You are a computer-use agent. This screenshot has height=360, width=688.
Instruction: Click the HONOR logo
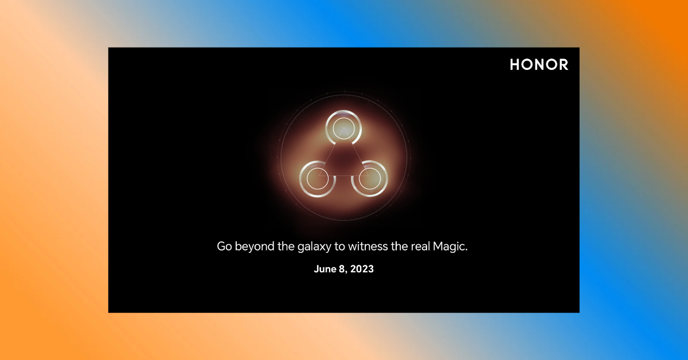click(539, 65)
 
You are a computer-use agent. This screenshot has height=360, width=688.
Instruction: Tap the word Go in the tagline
click(224, 246)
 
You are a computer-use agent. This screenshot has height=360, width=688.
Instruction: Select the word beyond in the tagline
click(255, 247)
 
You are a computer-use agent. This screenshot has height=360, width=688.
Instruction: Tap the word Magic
click(450, 247)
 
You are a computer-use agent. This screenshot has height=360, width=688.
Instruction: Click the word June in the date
click(325, 269)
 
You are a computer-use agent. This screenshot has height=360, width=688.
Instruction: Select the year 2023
click(362, 269)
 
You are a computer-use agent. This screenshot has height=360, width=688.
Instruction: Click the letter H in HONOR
click(515, 65)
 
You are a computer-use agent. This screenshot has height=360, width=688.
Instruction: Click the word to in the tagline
click(339, 246)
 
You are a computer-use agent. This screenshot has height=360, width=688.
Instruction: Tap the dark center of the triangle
click(343, 160)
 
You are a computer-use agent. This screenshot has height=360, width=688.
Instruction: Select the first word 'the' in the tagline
click(286, 246)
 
